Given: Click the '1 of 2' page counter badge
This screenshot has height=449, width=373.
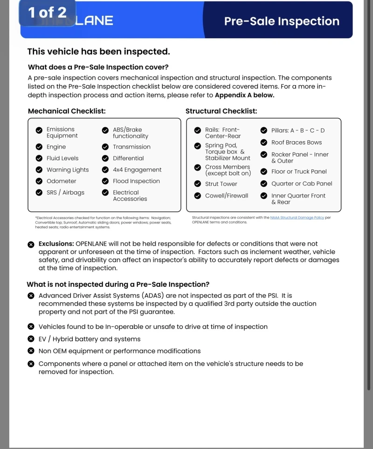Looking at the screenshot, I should (x=47, y=13).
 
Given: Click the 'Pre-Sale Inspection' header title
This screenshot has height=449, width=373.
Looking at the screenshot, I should (x=282, y=21).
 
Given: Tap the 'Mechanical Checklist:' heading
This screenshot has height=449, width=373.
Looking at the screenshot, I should (x=67, y=111).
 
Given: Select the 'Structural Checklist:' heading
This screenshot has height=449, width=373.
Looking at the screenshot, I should (x=221, y=111).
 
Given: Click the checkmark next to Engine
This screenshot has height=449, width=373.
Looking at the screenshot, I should (x=39, y=147).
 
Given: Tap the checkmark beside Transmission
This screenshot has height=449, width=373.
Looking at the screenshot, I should (x=105, y=147).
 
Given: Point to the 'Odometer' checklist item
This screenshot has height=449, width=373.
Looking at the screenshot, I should (x=61, y=181).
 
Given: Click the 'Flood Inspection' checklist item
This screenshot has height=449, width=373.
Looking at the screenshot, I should (x=136, y=181).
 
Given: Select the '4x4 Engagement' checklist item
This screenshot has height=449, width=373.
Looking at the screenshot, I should (x=137, y=170).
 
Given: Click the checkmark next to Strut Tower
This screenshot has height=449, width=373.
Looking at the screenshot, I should (x=198, y=184).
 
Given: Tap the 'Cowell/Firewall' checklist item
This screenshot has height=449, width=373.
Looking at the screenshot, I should (x=227, y=196).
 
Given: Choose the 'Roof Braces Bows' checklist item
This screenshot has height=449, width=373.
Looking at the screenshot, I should (x=297, y=143).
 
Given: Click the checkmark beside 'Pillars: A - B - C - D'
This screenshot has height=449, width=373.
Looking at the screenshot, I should (x=264, y=131).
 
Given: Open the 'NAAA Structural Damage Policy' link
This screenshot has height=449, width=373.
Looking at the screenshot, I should (x=297, y=218).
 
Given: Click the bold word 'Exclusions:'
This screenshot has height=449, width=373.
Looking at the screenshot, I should (x=56, y=244).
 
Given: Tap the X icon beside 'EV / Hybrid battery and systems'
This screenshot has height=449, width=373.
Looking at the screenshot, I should (x=31, y=339).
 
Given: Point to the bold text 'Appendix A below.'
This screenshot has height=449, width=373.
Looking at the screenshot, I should (x=244, y=95).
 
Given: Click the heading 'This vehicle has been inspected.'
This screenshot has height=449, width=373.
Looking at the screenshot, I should (x=98, y=52).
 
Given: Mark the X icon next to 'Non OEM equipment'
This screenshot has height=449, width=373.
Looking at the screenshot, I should (x=31, y=351).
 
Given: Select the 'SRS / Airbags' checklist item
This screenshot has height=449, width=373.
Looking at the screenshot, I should (x=65, y=192).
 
